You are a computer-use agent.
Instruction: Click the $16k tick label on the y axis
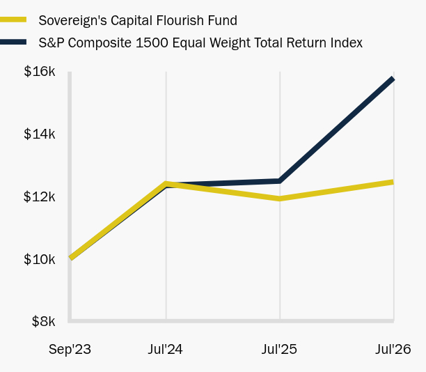coord(40,72)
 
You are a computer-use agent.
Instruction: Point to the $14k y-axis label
coord(40,134)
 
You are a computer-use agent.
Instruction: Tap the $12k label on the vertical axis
coord(40,196)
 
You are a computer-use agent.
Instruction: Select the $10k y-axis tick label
coord(40,259)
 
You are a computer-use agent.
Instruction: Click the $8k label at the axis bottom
coord(43,321)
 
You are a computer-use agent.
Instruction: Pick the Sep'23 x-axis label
coord(70,350)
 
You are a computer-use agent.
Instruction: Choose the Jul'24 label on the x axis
coord(165,349)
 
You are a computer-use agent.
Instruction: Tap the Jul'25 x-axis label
coord(279,349)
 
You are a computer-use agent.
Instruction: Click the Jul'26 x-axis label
coord(393,349)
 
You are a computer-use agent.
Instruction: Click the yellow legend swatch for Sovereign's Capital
coord(13,20)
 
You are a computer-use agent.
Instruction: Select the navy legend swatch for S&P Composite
coord(13,42)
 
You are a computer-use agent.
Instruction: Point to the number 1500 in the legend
coord(152,43)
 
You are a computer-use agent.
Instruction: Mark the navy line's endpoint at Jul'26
coord(393,79)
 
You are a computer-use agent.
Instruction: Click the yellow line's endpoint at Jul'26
coord(393,183)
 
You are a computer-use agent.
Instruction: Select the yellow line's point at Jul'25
coord(280,199)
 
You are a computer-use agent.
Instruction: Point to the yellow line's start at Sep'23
coord(71,257)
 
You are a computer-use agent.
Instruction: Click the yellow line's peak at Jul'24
coord(166,184)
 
